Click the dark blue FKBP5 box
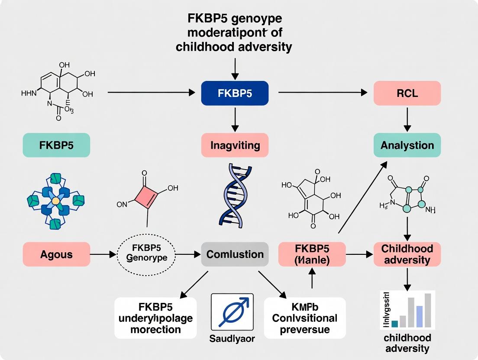pos(235,93)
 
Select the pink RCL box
pos(407,93)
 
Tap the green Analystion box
pos(407,145)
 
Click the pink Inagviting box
pos(235,145)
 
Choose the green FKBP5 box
pos(56,145)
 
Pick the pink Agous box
pos(56,254)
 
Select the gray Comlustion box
pos(235,254)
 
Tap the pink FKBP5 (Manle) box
pos(312,254)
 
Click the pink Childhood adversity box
pos(407,254)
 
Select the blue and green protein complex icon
pos(55,201)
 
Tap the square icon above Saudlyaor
pos(232,312)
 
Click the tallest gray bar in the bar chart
pos(428,310)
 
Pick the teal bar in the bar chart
pos(394,323)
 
